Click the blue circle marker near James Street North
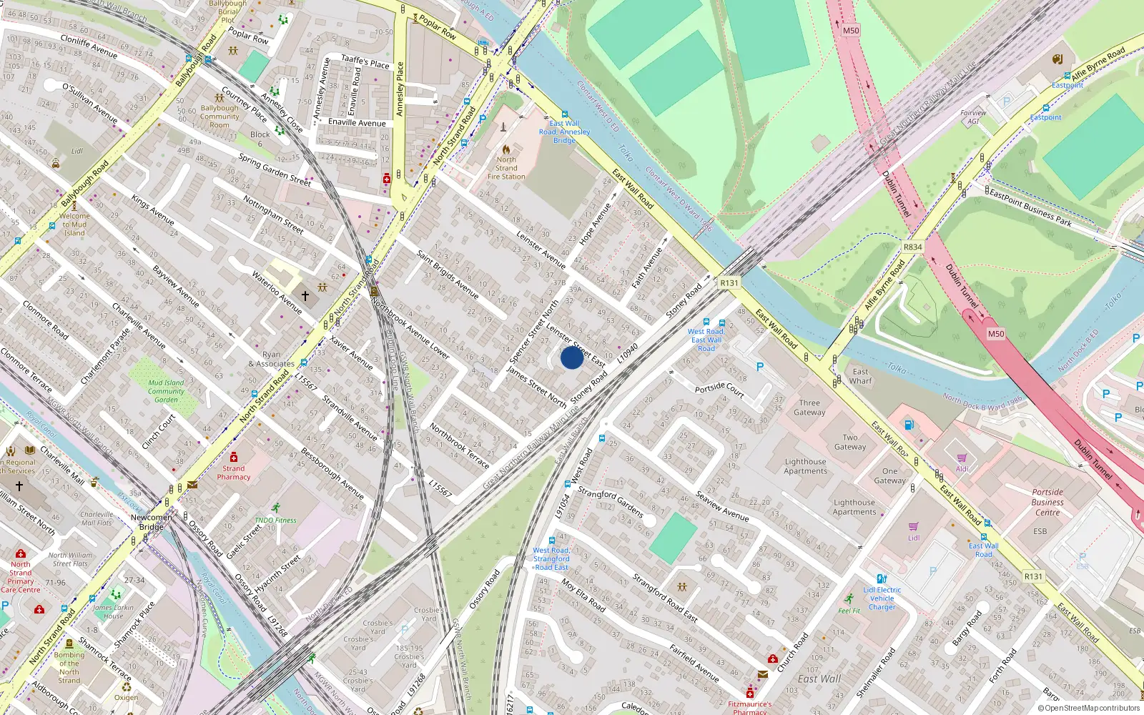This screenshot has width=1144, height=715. click(572, 357)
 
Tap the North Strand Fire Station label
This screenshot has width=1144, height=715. click(506, 168)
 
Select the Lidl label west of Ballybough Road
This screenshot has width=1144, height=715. click(77, 152)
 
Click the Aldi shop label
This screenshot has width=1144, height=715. click(962, 469)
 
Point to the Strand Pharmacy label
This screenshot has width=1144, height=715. click(234, 473)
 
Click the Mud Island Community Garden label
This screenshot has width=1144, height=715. click(166, 391)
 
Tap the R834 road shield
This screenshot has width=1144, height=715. click(912, 247)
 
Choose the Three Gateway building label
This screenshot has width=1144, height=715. click(809, 408)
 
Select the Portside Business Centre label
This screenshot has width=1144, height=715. click(1047, 502)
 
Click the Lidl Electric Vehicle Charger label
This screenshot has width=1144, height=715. click(882, 598)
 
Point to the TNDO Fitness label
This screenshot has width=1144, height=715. click(275, 520)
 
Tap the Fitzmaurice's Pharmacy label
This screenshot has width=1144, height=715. click(750, 707)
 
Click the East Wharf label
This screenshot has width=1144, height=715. click(861, 376)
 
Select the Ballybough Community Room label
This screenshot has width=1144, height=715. click(220, 117)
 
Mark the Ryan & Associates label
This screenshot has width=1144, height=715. click(272, 359)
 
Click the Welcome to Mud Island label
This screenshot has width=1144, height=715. click(74, 224)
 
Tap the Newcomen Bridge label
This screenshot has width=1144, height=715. click(151, 522)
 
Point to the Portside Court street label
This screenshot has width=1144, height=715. click(719, 389)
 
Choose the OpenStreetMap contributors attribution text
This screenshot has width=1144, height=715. click(1089, 709)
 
